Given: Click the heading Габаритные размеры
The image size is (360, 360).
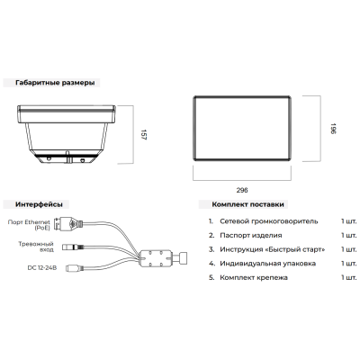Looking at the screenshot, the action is (x=55, y=83).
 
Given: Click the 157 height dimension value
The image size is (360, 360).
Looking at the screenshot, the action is (x=143, y=135).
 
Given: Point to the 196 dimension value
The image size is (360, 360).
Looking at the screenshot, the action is (x=333, y=129).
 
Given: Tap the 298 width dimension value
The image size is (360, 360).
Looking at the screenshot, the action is (x=242, y=190).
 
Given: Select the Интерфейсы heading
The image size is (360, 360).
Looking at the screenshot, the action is (x=39, y=204).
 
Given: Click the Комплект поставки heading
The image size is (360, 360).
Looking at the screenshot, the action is (x=247, y=204).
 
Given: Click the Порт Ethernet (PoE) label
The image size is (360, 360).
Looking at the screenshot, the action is (x=29, y=225).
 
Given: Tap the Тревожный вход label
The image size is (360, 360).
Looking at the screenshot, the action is (x=36, y=247).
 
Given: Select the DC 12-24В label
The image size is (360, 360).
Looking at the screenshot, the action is (x=42, y=268).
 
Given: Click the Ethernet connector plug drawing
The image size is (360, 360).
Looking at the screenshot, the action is (x=69, y=224).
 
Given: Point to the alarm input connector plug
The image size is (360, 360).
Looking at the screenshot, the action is (x=73, y=247).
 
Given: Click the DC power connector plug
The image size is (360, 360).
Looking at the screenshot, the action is (x=74, y=268).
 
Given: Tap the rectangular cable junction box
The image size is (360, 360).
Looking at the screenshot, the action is (x=156, y=258).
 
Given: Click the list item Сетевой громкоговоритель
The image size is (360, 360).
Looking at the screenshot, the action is (x=269, y=221).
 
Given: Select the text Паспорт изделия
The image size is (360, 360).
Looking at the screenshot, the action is (x=251, y=236).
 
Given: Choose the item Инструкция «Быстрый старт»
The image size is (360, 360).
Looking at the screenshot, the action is (x=273, y=249).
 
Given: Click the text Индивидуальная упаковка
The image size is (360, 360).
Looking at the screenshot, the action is (x=267, y=264).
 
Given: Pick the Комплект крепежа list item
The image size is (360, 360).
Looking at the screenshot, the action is (x=254, y=278).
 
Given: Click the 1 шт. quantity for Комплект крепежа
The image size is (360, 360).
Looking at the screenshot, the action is (x=349, y=278).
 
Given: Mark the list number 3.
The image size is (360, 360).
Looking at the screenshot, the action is (x=211, y=249).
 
